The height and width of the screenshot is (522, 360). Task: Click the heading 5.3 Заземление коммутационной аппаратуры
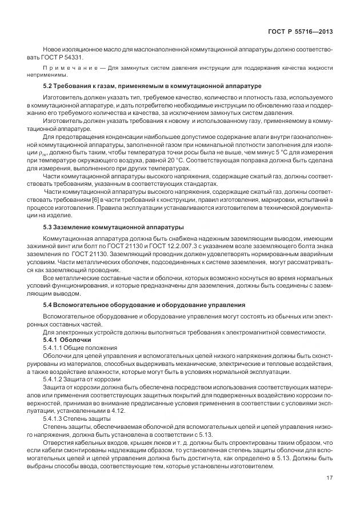pos(114,227)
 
